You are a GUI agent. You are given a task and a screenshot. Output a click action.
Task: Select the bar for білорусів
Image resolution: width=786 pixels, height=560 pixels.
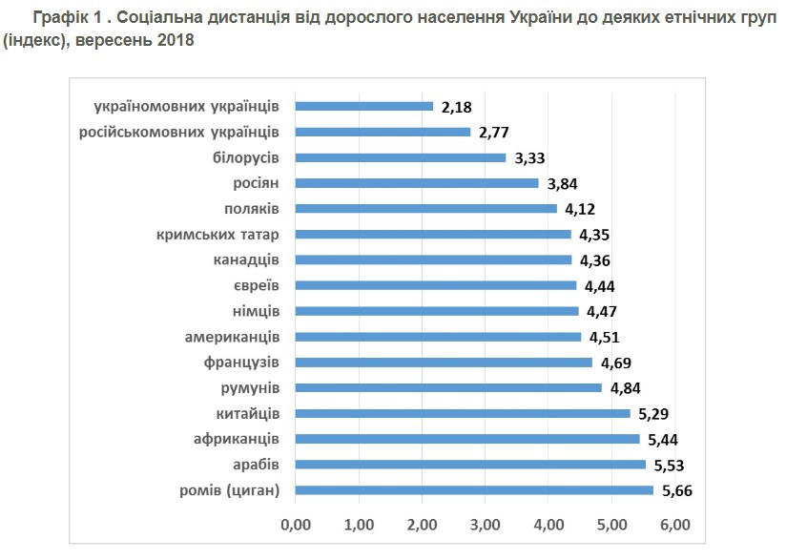pos(401,157)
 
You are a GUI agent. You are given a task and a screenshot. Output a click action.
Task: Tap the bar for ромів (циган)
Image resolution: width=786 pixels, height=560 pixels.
pos(474,490)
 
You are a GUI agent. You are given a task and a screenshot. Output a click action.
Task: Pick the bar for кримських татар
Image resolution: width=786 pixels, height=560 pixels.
pos(433,234)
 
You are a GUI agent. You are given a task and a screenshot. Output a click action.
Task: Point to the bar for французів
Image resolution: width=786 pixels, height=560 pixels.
pos(444,363)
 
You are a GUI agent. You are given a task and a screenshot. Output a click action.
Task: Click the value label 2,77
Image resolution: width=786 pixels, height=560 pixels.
pos(495,133)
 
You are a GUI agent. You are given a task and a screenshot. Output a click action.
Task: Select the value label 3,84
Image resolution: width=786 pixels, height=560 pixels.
pos(563,183)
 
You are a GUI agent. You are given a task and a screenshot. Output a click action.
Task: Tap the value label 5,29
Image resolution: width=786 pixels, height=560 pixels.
pos(654,414)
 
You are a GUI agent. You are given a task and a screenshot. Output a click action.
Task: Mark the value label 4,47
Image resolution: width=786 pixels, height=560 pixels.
pos(603,311)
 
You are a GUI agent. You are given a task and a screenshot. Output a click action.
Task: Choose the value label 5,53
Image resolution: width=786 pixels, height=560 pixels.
pos(670,466)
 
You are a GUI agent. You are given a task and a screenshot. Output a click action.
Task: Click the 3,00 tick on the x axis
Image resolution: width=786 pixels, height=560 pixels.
pos(486,525)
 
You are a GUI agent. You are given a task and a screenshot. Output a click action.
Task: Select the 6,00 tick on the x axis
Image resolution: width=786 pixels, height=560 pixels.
pos(675,525)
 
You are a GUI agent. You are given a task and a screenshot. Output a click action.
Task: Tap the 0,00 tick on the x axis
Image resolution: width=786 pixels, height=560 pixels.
pos(296,525)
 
